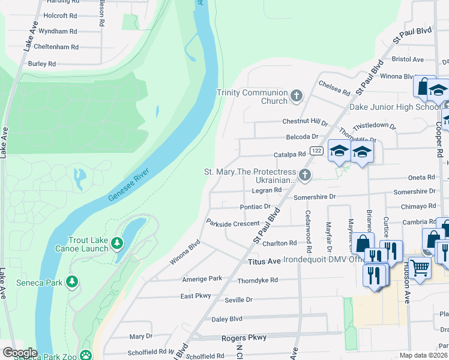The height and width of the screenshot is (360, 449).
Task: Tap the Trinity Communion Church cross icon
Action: pyautogui.click(x=296, y=96)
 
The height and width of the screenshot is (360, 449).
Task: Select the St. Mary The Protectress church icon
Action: pyautogui.click(x=305, y=175)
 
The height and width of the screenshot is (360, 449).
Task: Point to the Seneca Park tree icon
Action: pyautogui.click(x=72, y=281)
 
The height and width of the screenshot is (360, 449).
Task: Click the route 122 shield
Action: pyautogui.click(x=316, y=149)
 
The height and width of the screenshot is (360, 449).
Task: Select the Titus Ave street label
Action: pyautogui.click(x=264, y=262)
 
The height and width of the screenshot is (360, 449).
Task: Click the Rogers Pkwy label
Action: pyautogui.click(x=244, y=338)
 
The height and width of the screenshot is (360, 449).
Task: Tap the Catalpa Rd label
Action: pyautogui.click(x=289, y=155)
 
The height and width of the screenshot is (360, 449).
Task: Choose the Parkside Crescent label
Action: pyautogui.click(x=232, y=223)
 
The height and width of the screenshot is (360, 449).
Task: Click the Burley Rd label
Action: pyautogui.click(x=41, y=64)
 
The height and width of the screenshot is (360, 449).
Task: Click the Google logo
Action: pyautogui.click(x=19, y=353)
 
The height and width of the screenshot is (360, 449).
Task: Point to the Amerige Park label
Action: pyautogui.click(x=202, y=279)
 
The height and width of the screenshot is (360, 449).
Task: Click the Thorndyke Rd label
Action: pyautogui.click(x=258, y=280)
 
